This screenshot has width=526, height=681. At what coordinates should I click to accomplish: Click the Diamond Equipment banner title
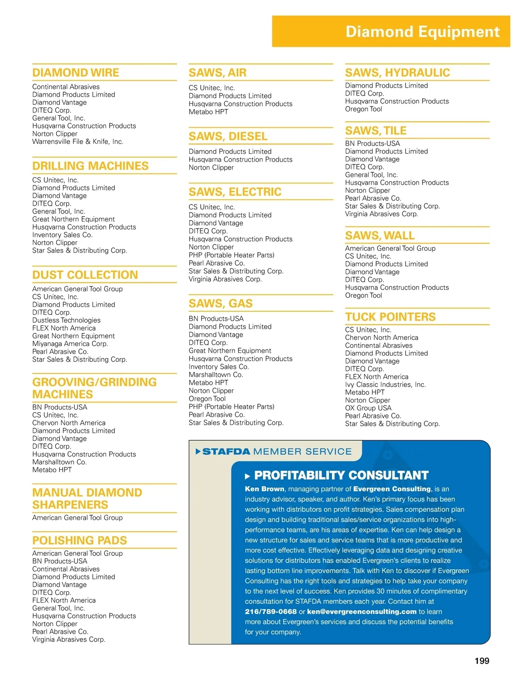click(422, 32)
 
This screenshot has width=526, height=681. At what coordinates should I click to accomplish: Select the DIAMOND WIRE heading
click(75, 73)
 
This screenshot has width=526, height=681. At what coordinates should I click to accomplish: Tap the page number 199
click(482, 661)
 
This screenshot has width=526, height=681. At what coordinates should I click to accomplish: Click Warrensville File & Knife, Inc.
click(78, 142)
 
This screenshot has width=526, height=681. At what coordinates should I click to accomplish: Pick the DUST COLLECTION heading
click(85, 275)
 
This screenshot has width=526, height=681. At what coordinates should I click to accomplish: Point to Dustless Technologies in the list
click(66, 320)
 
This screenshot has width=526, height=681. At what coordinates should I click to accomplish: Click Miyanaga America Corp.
click(70, 344)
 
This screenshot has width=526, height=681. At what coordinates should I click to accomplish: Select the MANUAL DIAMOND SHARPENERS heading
click(87, 499)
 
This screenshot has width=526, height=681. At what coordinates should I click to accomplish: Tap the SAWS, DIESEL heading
click(228, 136)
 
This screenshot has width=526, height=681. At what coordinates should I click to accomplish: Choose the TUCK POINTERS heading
click(390, 317)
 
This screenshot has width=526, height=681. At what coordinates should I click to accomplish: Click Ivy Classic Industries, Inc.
click(385, 385)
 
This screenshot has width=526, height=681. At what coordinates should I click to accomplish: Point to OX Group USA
click(368, 408)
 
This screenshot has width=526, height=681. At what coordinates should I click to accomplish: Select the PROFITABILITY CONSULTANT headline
click(341, 475)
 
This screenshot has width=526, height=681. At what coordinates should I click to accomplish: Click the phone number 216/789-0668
click(270, 612)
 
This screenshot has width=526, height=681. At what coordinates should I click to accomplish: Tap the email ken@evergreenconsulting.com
click(362, 612)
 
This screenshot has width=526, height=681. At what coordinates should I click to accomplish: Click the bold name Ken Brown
click(264, 489)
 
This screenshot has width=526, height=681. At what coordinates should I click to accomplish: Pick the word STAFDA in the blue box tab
click(226, 452)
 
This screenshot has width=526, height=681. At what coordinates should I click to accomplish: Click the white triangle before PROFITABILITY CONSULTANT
click(248, 476)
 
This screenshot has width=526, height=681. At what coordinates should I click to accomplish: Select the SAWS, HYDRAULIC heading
click(397, 73)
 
